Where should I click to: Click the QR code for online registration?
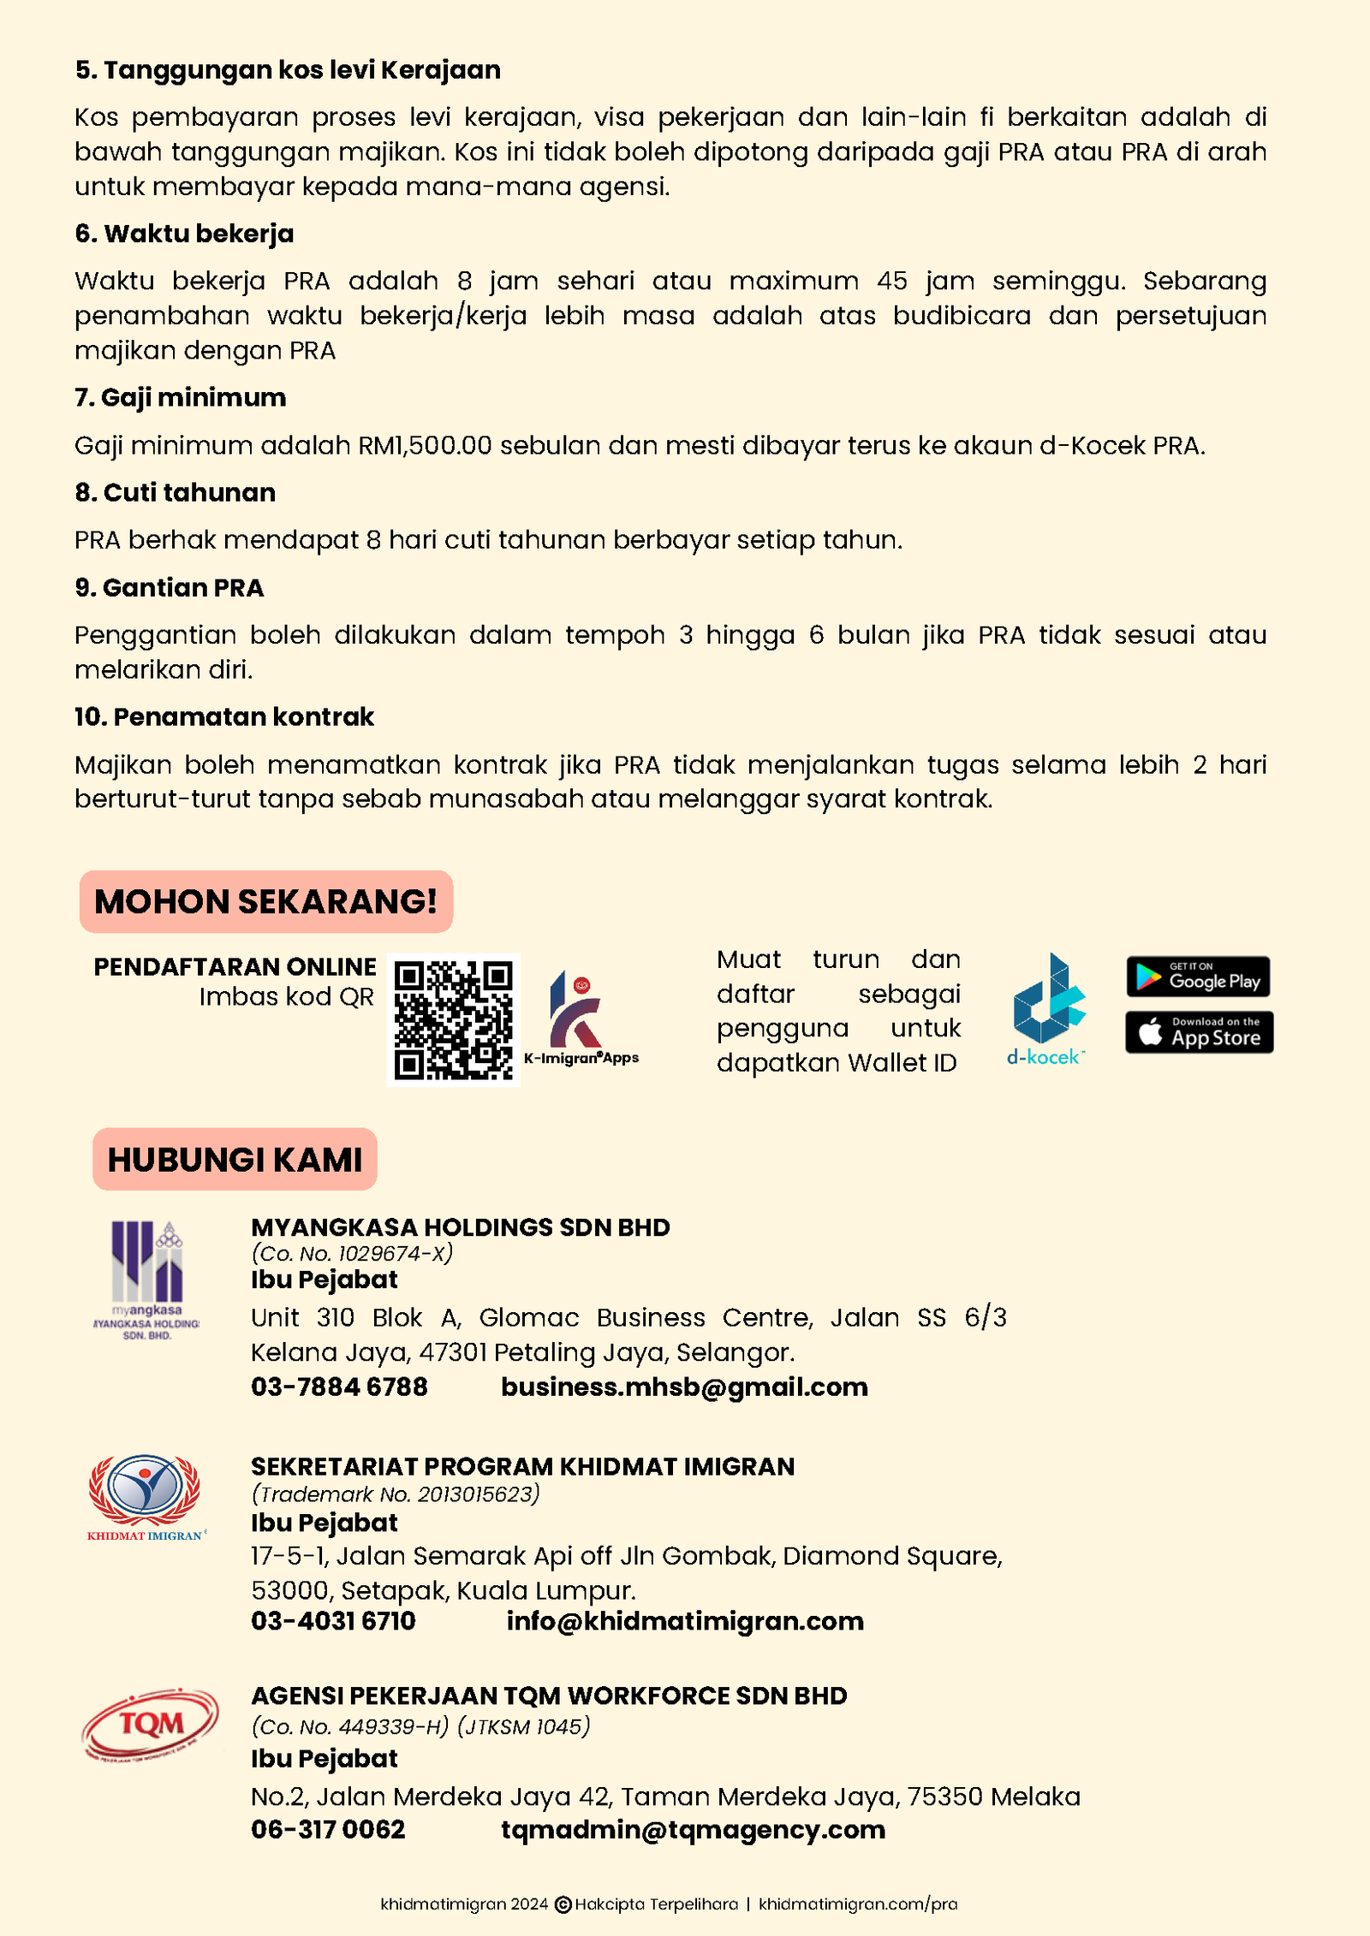pos(453,1019)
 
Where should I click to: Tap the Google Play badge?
pos(1198,977)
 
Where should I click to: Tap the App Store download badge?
pos(1199,1032)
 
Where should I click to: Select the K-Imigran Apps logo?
pos(581,1018)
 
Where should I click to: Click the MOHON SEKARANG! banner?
pos(265,901)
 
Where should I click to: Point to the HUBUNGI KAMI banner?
pos(235,1160)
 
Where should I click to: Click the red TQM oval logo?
pos(150,1724)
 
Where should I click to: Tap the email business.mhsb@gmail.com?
pos(684,1387)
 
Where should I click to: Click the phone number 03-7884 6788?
pos(339,1387)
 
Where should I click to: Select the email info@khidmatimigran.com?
pos(685,1621)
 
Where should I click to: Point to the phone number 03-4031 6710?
pos(333,1621)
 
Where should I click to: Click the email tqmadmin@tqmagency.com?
pos(693,1829)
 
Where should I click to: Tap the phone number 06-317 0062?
pos(328,1829)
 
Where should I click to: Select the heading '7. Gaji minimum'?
pos(181,398)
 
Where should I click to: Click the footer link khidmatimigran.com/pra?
pos(858,1903)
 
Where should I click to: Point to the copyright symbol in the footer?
pos(563,1904)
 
